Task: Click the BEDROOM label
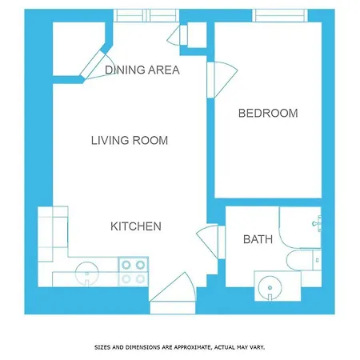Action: [268, 113]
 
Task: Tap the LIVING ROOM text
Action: [130, 141]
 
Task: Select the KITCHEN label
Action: [136, 226]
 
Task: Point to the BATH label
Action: [258, 239]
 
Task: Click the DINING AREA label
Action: [142, 70]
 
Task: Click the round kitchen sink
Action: [87, 274]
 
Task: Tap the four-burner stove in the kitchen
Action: [134, 272]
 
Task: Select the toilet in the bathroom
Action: [304, 260]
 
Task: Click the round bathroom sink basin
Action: [270, 288]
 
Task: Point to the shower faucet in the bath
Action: [317, 223]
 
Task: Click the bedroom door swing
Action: [222, 79]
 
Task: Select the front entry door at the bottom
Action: [173, 294]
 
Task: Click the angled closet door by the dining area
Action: [97, 65]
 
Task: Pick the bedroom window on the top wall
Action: [280, 15]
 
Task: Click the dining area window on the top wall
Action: [146, 15]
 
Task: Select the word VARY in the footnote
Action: [258, 347]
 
